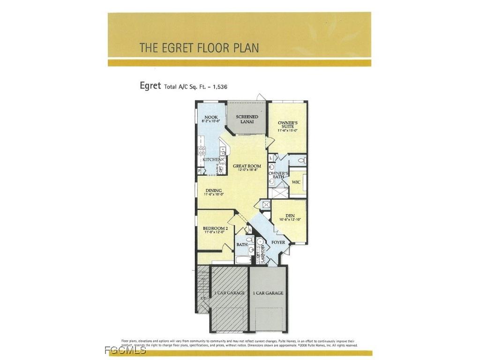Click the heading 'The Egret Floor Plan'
tap(199, 48)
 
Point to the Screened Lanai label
tap(247, 119)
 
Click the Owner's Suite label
tap(287, 124)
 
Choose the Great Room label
tap(247, 166)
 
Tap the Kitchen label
tap(211, 160)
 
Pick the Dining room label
tap(213, 190)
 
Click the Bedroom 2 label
tap(215, 228)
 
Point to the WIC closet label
tap(296, 182)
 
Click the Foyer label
tap(278, 242)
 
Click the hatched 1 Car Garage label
tap(229, 293)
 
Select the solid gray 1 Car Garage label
tap(268, 293)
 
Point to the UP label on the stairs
tap(202, 298)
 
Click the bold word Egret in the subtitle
tap(150, 86)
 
